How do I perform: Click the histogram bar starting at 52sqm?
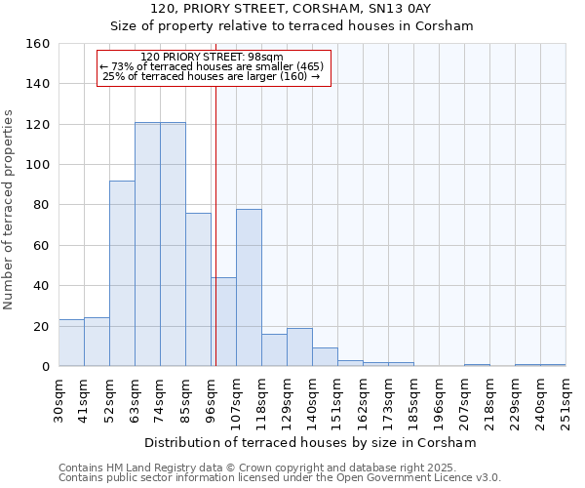[122, 273]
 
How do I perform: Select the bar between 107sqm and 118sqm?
[249, 288]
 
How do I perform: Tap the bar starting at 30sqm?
[71, 343]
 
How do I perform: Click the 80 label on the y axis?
[41, 205]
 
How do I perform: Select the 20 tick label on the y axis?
[41, 326]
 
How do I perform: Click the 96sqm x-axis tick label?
[211, 397]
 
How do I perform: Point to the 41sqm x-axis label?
[84, 397]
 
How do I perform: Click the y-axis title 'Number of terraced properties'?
[9, 210]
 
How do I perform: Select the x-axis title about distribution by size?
[309, 442]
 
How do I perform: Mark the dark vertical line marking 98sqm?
[215, 224]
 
